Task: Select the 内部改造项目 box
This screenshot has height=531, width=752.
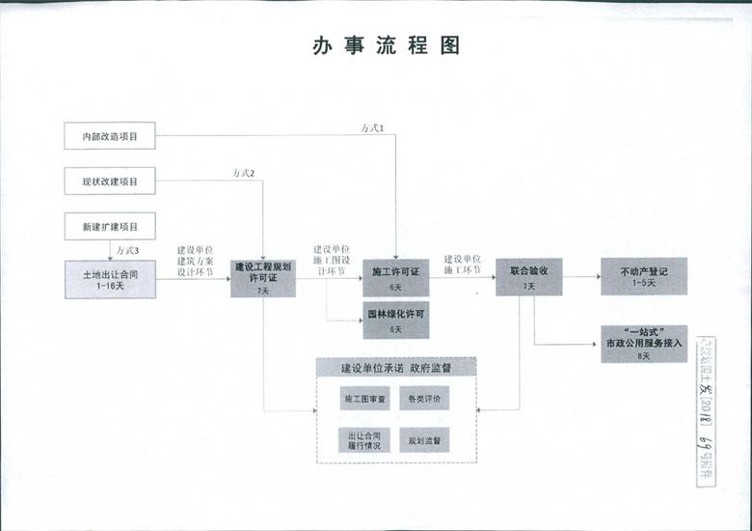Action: point(110,136)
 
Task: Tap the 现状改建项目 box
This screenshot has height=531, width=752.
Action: point(110,182)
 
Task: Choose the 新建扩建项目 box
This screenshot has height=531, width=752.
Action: point(110,227)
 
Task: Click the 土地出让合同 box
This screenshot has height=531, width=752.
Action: point(110,279)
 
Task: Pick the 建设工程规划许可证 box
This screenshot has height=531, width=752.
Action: point(262,277)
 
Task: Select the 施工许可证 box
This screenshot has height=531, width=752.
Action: point(395,278)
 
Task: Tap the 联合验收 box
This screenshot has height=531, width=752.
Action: point(528,277)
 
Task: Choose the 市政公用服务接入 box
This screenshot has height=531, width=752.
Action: point(643,343)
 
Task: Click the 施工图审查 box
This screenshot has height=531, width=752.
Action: point(364,398)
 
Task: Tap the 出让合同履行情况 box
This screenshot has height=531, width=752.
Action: point(364,440)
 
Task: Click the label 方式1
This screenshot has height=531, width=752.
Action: point(372,128)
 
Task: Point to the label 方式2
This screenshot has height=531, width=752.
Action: point(243,173)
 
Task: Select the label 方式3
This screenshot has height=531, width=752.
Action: point(127,250)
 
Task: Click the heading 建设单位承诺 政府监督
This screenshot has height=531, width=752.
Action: point(396,368)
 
